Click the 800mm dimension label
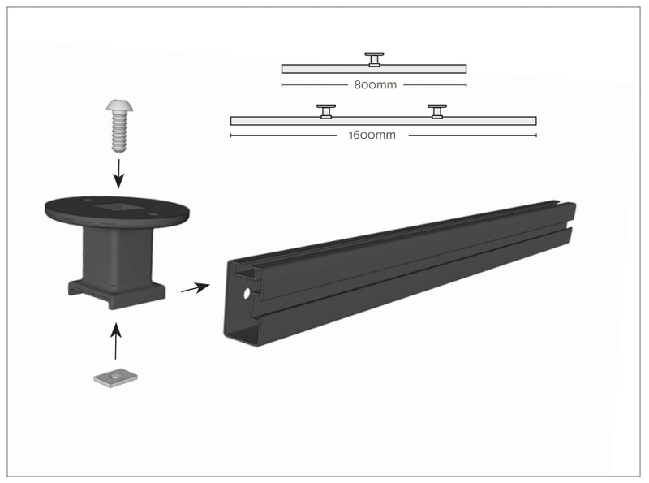tap(374, 84)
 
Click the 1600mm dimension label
tap(374, 136)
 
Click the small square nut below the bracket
tap(114, 377)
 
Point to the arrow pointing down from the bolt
tap(118, 171)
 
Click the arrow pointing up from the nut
tap(115, 341)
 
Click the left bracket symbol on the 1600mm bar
tap(326, 110)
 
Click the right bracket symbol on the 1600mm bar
tap(437, 110)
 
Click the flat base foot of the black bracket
tap(117, 295)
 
